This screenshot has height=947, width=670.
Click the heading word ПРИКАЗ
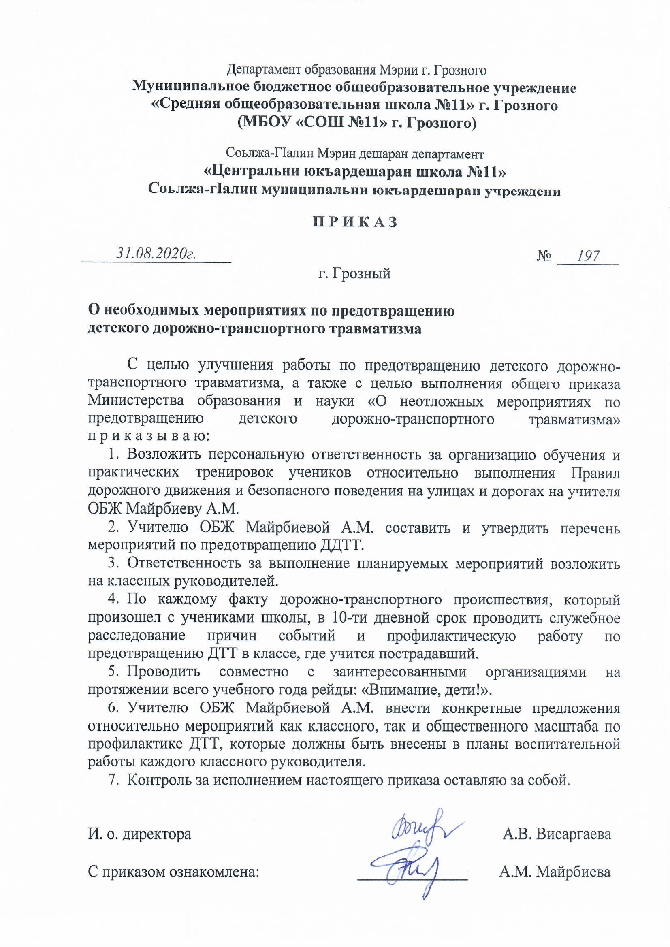tap(354, 222)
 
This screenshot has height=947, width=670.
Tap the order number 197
tap(588, 256)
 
